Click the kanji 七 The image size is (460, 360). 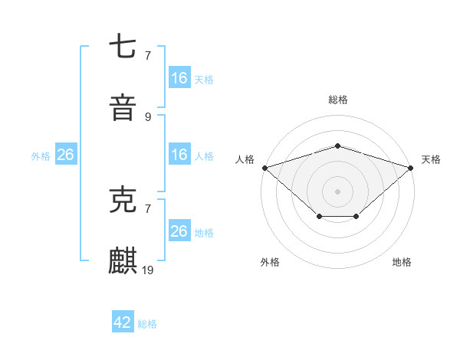[123, 47]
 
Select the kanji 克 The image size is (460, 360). [123, 201]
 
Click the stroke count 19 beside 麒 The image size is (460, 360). [148, 270]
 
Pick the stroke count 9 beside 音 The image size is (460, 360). [148, 116]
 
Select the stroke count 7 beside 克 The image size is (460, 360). [148, 208]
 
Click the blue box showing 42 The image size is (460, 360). [123, 322]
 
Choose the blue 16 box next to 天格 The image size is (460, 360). [179, 77]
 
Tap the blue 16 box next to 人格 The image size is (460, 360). [179, 155]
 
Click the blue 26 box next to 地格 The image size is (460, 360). [179, 231]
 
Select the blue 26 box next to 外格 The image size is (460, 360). [65, 155]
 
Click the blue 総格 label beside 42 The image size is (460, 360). [147, 324]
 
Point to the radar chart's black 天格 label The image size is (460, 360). [431, 159]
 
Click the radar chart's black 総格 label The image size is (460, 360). [337, 100]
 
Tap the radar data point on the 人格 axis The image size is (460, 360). [264, 167]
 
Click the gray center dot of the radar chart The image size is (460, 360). [337, 191]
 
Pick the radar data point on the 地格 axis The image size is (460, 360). [356, 218]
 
